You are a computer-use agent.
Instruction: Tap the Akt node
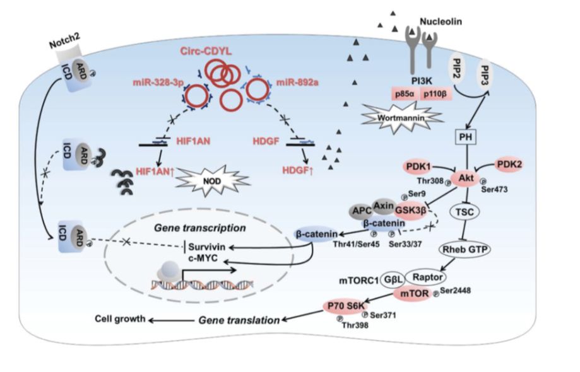(466, 179)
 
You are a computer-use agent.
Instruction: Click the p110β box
(439, 93)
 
